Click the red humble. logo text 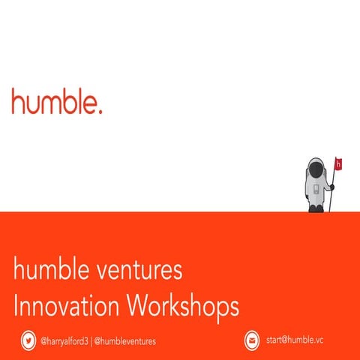click(56, 101)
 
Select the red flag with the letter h click(339, 163)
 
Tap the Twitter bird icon click(28, 340)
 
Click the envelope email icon click(252, 340)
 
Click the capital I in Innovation click(16, 305)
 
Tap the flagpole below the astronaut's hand click(334, 199)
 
